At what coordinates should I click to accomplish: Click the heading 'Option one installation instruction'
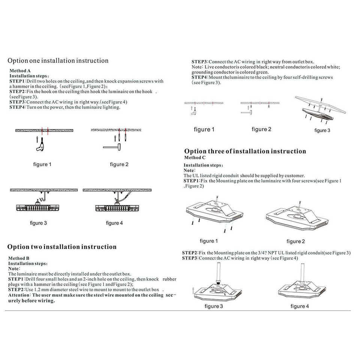tap(58, 61)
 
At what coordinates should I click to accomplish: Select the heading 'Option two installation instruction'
tap(62, 247)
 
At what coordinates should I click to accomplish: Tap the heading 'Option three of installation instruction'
tap(245, 151)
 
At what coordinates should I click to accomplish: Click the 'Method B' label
tap(19, 258)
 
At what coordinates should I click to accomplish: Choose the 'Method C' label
tap(195, 157)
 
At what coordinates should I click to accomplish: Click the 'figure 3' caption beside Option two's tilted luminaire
tap(322, 130)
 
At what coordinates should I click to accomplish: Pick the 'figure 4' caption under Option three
tap(300, 306)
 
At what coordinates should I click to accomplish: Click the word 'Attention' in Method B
tap(19, 295)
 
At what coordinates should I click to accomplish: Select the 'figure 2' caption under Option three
tap(295, 241)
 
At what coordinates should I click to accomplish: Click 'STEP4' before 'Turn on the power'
tap(17, 107)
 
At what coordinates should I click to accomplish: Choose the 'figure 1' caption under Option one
tap(42, 164)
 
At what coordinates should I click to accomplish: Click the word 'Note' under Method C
tap(189, 171)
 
